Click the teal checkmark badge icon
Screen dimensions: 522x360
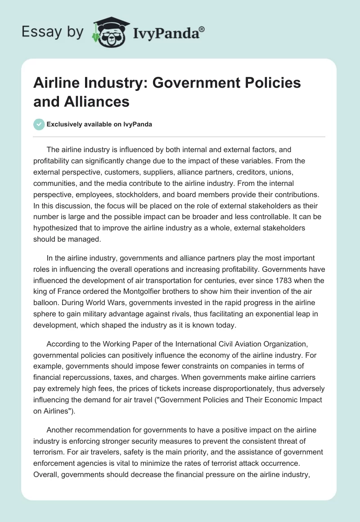[x=39, y=124]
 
